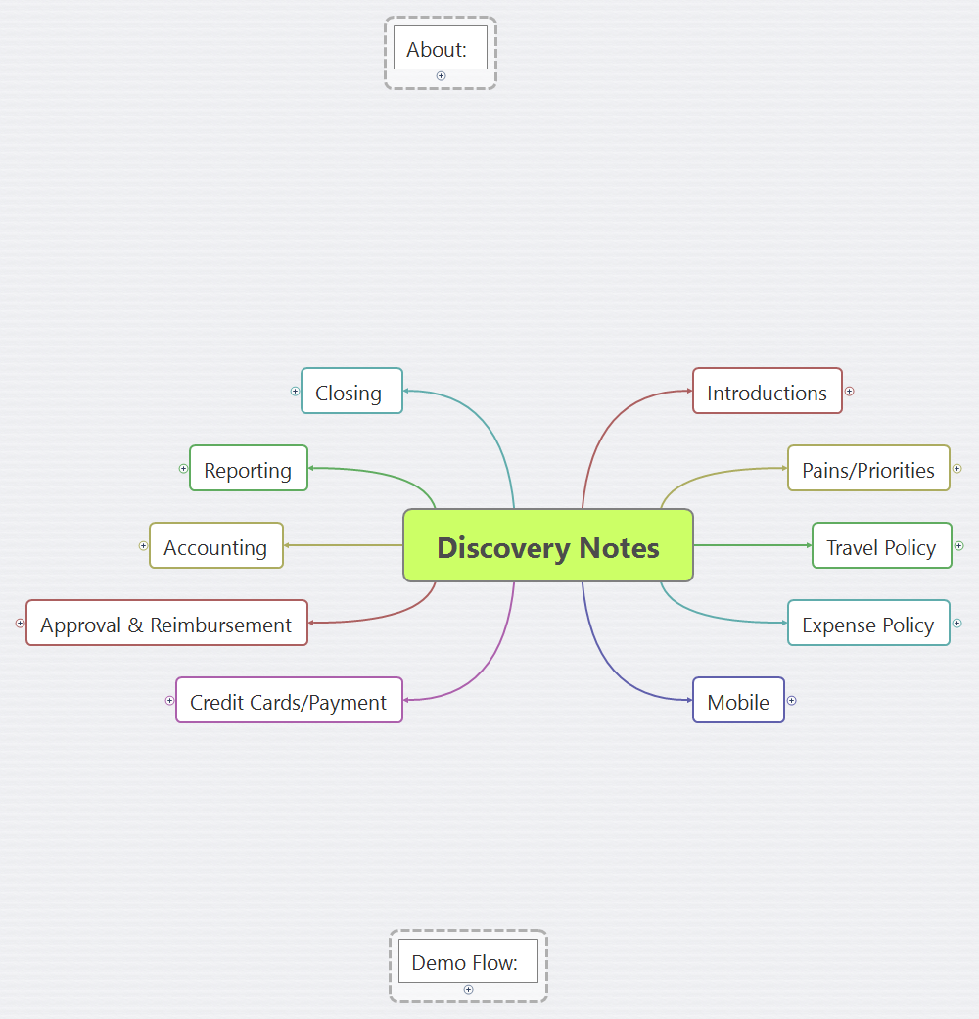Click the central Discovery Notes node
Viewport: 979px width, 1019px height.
point(548,546)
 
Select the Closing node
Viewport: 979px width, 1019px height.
point(351,392)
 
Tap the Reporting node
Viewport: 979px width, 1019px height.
point(249,469)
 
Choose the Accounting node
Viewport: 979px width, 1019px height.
point(216,546)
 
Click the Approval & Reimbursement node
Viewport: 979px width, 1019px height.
point(167,624)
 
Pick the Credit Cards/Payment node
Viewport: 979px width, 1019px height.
point(289,701)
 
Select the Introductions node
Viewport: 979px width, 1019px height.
point(768,392)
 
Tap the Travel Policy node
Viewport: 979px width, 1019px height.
point(882,546)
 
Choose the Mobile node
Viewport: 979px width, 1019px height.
point(738,701)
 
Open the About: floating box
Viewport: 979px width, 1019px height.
point(440,48)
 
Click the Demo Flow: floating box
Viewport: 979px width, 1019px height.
point(467,961)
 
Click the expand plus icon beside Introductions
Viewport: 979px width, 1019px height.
point(850,391)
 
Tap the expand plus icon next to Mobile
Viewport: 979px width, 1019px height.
point(792,700)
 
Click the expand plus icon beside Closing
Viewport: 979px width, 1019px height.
point(295,391)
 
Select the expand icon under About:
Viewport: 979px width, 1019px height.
point(441,76)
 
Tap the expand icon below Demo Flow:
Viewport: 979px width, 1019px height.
point(468,990)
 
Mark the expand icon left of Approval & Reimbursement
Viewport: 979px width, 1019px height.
point(20,623)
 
